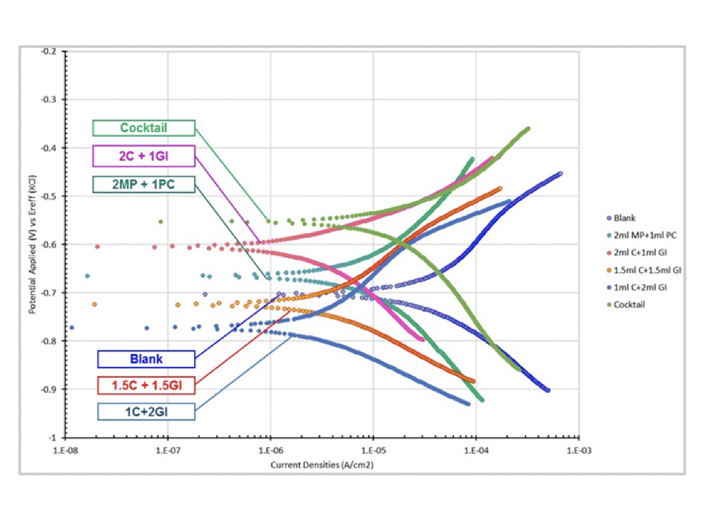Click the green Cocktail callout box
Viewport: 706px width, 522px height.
tap(144, 128)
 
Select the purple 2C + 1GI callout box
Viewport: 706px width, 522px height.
tap(144, 156)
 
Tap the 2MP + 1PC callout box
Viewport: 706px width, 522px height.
tap(144, 184)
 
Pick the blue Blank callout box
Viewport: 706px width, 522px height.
tap(146, 359)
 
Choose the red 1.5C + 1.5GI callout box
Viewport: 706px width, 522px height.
tap(146, 384)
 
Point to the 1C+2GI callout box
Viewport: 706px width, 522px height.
tap(146, 410)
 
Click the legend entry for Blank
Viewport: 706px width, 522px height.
tap(625, 218)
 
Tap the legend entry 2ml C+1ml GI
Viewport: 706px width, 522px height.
tap(639, 253)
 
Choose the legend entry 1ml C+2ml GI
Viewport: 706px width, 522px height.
tap(638, 288)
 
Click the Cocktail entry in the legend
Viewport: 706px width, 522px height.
tap(628, 305)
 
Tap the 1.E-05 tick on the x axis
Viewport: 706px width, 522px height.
tap(373, 449)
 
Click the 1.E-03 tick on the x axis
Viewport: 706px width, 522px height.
tap(578, 449)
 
